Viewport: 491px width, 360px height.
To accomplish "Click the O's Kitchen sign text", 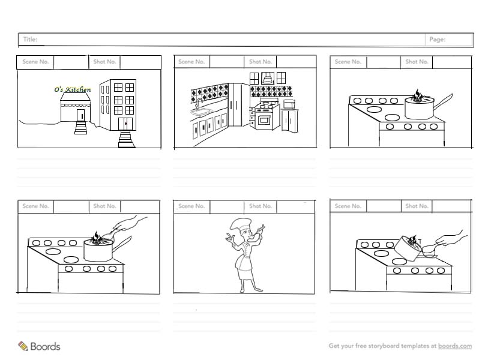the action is tap(73, 89).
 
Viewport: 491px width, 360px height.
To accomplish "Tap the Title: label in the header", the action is tap(30, 39).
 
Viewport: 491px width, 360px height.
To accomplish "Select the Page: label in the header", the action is tap(437, 39).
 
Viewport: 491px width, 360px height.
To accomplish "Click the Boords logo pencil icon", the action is tap(23, 346).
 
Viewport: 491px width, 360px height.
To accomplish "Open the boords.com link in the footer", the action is tap(454, 346).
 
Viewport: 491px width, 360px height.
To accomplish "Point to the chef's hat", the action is tap(241, 224).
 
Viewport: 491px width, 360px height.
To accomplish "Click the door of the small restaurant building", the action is tap(80, 115).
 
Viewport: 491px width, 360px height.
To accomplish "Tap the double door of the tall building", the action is tap(125, 124).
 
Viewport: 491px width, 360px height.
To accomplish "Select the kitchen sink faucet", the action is tap(199, 104).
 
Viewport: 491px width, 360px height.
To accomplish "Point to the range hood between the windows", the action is tap(268, 77).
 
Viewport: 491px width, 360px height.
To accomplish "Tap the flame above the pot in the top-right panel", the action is tap(417, 95).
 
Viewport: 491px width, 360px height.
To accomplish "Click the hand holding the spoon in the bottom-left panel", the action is tap(129, 223).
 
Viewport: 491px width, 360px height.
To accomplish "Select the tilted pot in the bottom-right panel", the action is tap(408, 248).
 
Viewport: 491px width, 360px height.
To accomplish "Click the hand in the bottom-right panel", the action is tap(451, 239).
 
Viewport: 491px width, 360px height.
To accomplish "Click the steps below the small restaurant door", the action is tap(80, 128).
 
